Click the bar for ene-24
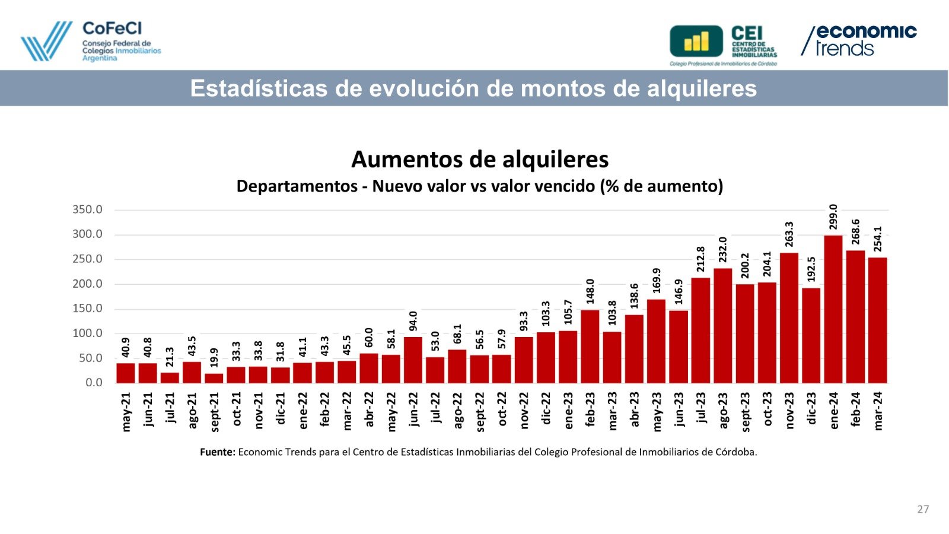click(x=833, y=309)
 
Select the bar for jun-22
click(x=413, y=360)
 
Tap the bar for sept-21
click(x=214, y=378)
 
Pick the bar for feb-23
click(x=590, y=347)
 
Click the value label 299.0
click(x=833, y=217)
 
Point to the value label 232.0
click(x=723, y=249)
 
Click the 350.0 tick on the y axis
click(x=87, y=209)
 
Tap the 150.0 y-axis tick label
click(x=87, y=309)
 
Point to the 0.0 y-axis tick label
click(x=94, y=383)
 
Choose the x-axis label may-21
click(x=126, y=411)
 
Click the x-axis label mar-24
click(x=878, y=411)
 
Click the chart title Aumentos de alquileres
click(x=480, y=159)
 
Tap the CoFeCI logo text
click(x=112, y=28)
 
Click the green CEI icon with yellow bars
click(x=696, y=42)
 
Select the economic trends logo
click(x=859, y=40)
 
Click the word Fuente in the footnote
click(x=217, y=452)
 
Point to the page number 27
click(x=923, y=509)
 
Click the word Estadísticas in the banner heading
click(x=258, y=88)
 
